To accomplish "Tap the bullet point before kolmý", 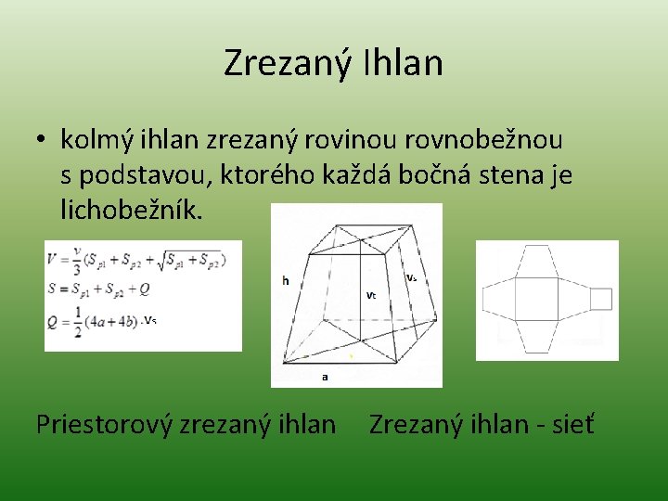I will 42,141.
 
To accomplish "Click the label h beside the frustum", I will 286,280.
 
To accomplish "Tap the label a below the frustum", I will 324,377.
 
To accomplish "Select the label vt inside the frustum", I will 370,295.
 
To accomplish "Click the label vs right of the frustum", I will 412,277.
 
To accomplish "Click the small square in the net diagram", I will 601,299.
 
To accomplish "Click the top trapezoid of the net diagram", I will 543,261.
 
